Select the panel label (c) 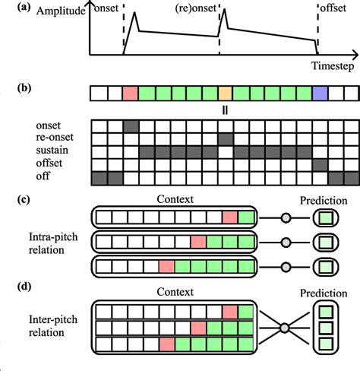12,199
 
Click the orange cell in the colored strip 226,94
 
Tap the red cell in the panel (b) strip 131,94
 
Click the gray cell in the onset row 131,125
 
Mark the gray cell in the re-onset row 226,138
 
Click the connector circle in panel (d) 286,328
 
